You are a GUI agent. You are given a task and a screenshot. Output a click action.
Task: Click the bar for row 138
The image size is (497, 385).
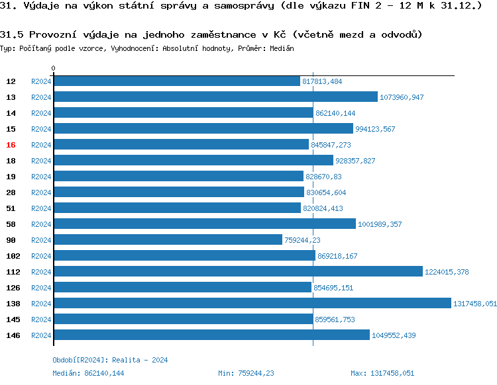(x=252, y=304)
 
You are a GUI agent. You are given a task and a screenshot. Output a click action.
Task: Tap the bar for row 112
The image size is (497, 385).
(x=237, y=272)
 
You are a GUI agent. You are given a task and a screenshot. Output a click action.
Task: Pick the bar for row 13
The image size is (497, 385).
(x=215, y=97)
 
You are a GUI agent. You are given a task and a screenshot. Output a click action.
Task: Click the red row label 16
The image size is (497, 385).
(x=11, y=145)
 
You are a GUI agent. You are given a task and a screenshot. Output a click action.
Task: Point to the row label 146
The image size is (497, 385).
(x=13, y=335)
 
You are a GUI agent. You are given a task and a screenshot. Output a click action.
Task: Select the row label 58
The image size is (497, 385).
(x=11, y=224)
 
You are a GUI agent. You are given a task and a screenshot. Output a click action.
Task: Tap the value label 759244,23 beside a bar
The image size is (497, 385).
(x=302, y=240)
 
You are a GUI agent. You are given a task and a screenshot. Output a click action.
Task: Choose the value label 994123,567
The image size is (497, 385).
(x=375, y=129)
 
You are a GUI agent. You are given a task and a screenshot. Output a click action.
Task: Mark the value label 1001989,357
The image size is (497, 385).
(x=380, y=224)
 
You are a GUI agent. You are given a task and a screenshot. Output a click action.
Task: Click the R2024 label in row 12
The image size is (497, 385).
(x=41, y=81)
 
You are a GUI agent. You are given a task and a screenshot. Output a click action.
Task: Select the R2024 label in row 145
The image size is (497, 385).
(x=41, y=320)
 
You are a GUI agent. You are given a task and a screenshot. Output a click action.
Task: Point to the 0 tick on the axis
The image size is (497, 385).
(x=54, y=68)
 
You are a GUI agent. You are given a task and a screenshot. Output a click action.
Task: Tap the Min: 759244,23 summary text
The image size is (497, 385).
(x=246, y=373)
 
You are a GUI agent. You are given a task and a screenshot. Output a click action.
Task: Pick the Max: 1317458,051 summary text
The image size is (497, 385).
(x=382, y=373)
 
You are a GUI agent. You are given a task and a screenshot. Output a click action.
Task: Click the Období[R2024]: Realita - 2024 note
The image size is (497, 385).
(x=110, y=360)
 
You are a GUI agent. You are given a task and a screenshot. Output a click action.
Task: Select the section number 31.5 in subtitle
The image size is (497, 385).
(x=12, y=34)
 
